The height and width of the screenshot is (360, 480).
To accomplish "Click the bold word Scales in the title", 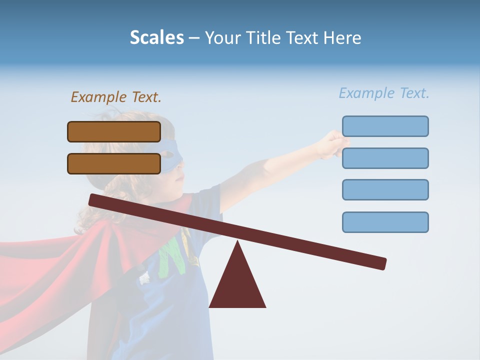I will pyautogui.click(x=156, y=37).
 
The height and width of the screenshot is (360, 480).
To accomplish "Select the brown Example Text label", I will pyautogui.click(x=116, y=97).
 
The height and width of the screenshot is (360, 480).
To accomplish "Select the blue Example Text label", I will pyautogui.click(x=384, y=93).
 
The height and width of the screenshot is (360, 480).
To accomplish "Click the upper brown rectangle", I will pyautogui.click(x=114, y=131).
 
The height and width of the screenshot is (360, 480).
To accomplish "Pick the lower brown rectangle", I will pyautogui.click(x=114, y=163).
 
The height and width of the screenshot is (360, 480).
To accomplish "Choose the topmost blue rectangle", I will pyautogui.click(x=385, y=126).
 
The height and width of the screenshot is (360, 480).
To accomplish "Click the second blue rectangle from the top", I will pyautogui.click(x=385, y=158).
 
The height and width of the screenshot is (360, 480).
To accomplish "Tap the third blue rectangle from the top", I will pyautogui.click(x=385, y=189).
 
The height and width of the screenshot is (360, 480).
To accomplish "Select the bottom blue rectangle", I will pyautogui.click(x=385, y=222).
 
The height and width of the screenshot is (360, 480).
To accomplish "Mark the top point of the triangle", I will pyautogui.click(x=237, y=242).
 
